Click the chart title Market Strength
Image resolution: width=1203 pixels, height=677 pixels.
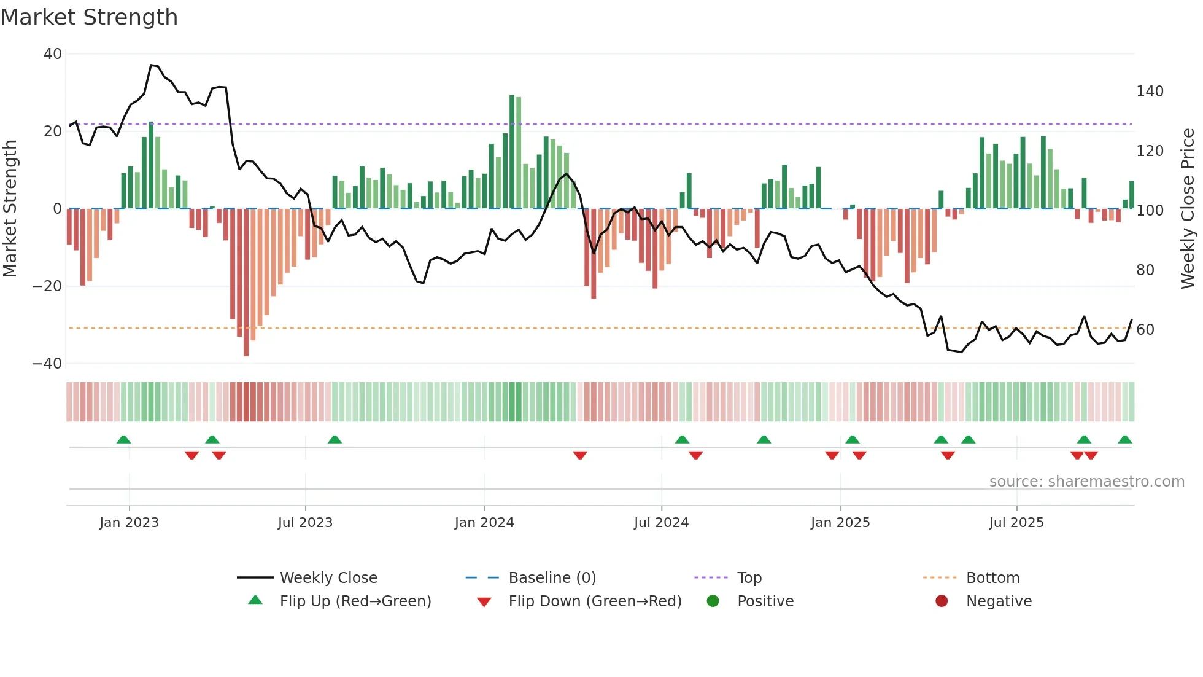(x=89, y=17)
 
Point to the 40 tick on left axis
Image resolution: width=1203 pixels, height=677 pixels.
(x=53, y=54)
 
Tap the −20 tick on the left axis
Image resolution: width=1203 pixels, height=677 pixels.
(x=47, y=286)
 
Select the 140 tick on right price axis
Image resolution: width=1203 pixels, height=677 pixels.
(x=1150, y=92)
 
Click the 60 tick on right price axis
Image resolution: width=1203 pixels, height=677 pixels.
(x=1145, y=330)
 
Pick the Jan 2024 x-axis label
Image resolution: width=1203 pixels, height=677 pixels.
(x=484, y=523)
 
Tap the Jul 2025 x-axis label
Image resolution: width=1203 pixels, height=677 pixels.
(x=1016, y=523)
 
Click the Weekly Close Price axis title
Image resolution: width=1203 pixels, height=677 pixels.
(x=1188, y=209)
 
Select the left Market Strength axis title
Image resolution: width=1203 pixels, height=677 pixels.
(x=10, y=209)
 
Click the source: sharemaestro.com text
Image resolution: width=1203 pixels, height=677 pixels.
(x=1086, y=482)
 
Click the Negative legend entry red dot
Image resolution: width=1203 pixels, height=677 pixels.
(x=942, y=601)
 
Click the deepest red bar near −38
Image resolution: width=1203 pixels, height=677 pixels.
(x=246, y=283)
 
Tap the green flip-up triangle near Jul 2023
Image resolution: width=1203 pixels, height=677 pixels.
(x=335, y=440)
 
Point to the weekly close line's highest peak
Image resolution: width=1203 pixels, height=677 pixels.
(x=152, y=65)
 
